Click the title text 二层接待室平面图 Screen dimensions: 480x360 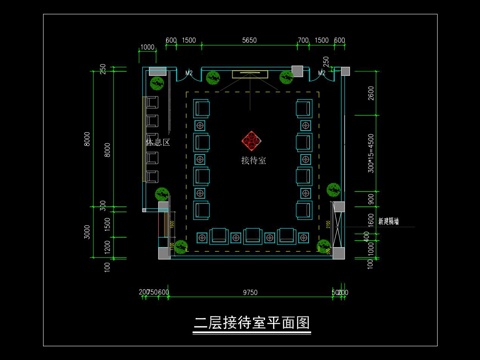click(x=253, y=324)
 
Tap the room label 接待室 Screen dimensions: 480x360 click(x=253, y=160)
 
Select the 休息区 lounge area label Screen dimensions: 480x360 click(x=158, y=143)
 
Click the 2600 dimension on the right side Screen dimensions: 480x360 click(x=370, y=93)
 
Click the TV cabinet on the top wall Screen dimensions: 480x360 click(x=247, y=74)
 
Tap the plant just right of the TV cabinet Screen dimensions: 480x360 click(x=286, y=75)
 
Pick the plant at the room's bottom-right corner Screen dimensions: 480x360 click(x=324, y=245)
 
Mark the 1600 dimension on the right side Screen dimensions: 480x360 click(x=370, y=234)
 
